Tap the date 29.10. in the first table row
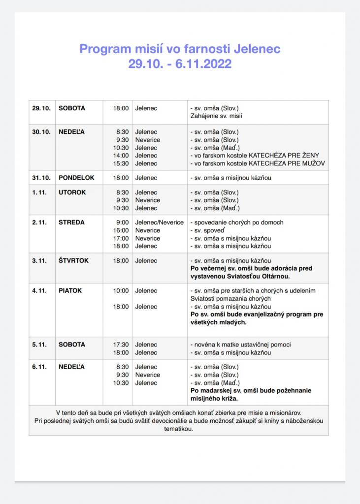(x=41, y=108)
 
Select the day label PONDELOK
(x=76, y=178)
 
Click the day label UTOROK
(x=72, y=192)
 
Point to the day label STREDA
(x=71, y=222)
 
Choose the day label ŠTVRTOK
(x=74, y=261)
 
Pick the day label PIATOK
(x=70, y=291)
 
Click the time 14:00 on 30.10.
(x=121, y=156)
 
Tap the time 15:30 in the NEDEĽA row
(x=121, y=163)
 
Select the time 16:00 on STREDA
(x=121, y=230)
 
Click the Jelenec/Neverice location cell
(x=159, y=222)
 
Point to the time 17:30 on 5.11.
(x=121, y=345)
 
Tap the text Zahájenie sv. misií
(x=216, y=116)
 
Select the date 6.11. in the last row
(x=39, y=367)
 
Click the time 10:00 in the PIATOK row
(x=121, y=291)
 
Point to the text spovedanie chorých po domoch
(x=238, y=222)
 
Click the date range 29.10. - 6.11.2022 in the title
(x=180, y=64)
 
